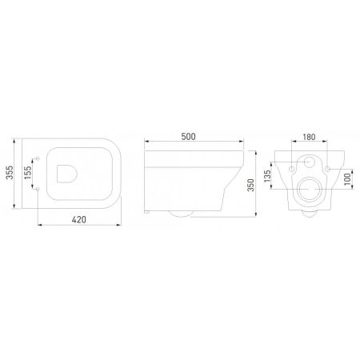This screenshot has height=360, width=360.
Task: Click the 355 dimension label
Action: click(x=10, y=173)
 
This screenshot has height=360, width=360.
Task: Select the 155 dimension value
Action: click(x=28, y=173)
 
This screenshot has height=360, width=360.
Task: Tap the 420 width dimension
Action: click(x=79, y=220)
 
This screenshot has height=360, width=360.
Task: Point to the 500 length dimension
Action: click(x=188, y=137)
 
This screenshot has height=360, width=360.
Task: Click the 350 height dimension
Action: click(x=251, y=185)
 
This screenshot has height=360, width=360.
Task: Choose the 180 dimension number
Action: click(x=309, y=137)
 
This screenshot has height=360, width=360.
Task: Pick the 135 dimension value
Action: click(x=267, y=176)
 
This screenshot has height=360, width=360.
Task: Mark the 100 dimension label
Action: click(x=347, y=179)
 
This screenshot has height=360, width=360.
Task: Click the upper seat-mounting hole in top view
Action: click(x=38, y=158)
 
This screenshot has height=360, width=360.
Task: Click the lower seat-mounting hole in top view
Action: click(x=38, y=189)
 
